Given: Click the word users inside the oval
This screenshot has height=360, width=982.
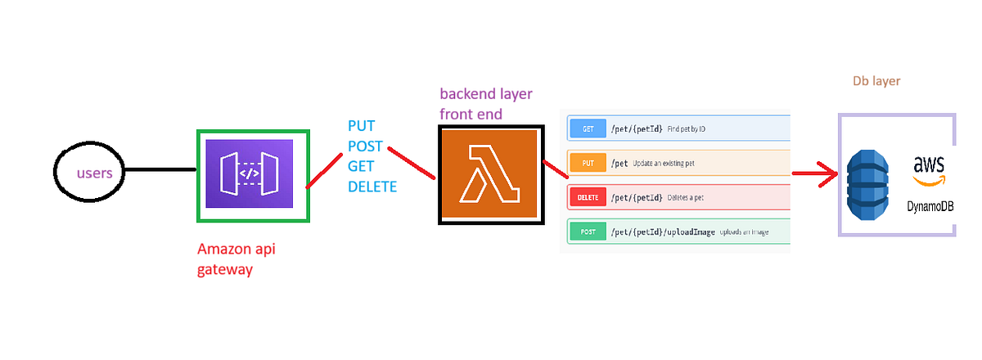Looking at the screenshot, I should click(x=100, y=173).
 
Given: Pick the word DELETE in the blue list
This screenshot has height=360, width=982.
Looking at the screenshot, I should click(x=372, y=187).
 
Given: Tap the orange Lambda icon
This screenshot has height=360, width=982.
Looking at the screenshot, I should click(x=489, y=174).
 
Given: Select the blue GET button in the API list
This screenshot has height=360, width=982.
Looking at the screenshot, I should click(x=588, y=129).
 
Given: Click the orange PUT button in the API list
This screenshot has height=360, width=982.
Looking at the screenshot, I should click(x=588, y=163).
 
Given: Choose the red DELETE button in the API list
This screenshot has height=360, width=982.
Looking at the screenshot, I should click(x=588, y=197).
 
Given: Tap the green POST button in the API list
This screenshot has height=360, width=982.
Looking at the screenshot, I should click(x=588, y=232).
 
